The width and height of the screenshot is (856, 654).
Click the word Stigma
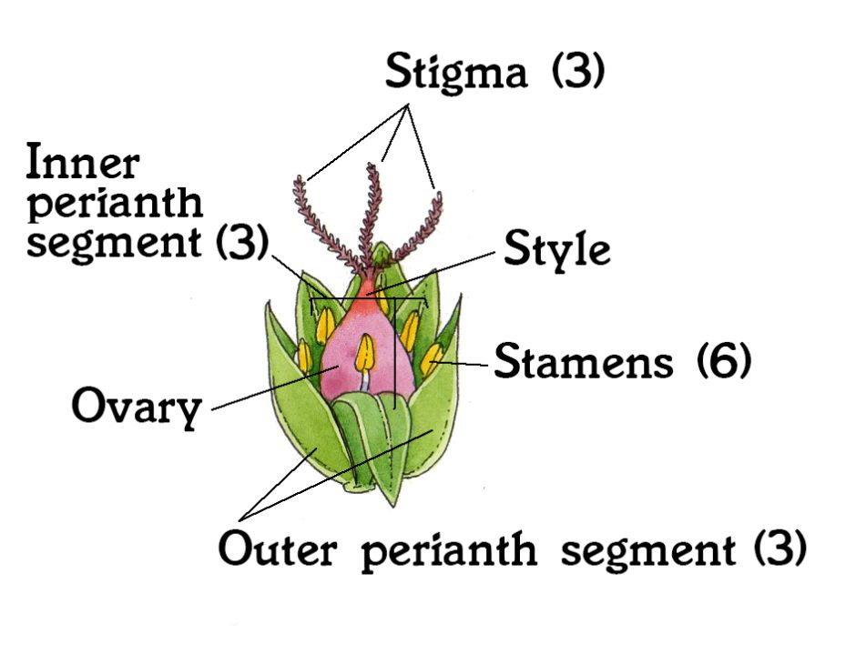coord(456,73)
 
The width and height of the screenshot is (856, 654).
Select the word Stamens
coord(584,361)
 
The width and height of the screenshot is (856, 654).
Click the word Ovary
coord(137,407)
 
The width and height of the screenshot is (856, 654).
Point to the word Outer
coord(278,548)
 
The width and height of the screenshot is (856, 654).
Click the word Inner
coord(83,161)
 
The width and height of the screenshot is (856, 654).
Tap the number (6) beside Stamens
coord(724,360)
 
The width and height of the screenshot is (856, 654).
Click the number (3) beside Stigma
coord(578,70)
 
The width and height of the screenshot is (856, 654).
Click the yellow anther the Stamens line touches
coord(432,360)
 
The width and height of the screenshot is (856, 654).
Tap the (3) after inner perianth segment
coord(242,242)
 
